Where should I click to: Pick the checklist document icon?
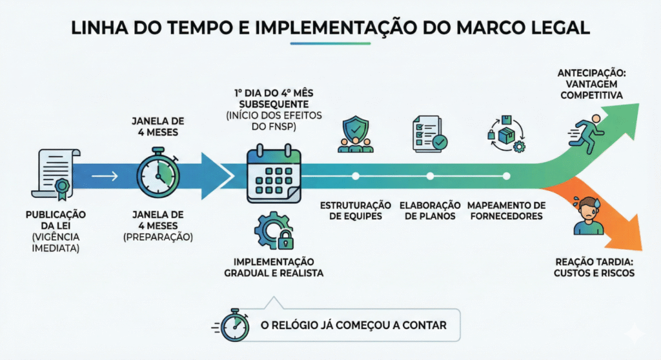click(x=427, y=134)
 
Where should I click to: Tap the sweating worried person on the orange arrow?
click(x=588, y=216)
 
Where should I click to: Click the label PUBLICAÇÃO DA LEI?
click(x=56, y=220)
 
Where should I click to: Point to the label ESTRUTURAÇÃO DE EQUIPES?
click(x=355, y=210)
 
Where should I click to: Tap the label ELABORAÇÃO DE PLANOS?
click(x=429, y=210)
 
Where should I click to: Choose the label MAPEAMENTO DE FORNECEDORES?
click(x=506, y=210)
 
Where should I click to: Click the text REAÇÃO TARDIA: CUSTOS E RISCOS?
click(x=594, y=267)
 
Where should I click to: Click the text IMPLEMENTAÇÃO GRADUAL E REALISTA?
click(x=274, y=267)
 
